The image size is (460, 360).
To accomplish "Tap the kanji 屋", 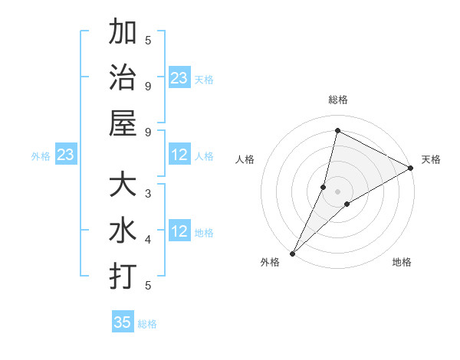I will pos(123,123).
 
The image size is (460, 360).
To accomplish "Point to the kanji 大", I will pos(123,186).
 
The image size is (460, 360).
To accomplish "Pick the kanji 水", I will pos(123,231).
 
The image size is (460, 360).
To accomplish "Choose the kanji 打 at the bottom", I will pos(123,276).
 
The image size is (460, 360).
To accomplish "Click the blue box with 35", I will pos(123,322).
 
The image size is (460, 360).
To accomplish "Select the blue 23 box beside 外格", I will pos(65,155).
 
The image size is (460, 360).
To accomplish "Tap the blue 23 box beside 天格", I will pos(179,78).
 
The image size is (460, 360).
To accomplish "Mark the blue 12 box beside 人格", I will pos(179,155).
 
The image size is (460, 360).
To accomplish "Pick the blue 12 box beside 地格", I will pos(179,231).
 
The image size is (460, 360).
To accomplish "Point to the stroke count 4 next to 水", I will pos(148,240).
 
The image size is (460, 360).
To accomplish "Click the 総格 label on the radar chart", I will pos(337,100).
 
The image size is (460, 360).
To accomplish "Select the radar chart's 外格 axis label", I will pos(270,263).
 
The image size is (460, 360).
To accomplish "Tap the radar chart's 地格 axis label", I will pos(402,263).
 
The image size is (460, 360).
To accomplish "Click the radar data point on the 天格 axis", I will pos(411,169).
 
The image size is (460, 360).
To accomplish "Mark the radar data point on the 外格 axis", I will pos(292,253).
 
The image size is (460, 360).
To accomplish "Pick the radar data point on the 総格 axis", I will pos(337,130).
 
